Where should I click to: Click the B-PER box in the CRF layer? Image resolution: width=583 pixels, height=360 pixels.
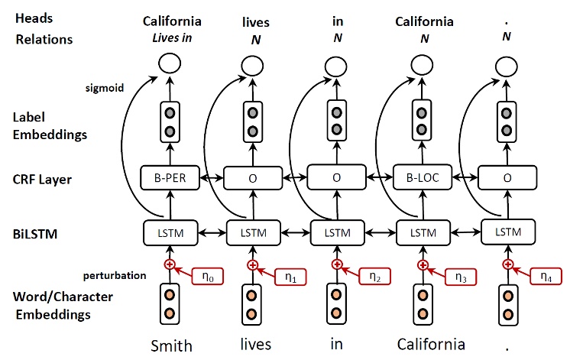pos(170,180)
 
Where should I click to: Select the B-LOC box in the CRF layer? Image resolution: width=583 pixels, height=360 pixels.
pos(422,180)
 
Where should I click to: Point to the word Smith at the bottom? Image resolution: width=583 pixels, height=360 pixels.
pos(170,345)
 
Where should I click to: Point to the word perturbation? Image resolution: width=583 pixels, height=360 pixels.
pos(114,274)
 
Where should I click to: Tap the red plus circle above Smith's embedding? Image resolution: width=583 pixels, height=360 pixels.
pos(170,264)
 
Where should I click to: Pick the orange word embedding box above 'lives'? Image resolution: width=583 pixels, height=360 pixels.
pos(253,303)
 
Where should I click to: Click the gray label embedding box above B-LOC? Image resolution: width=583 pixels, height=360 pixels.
pos(422,120)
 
